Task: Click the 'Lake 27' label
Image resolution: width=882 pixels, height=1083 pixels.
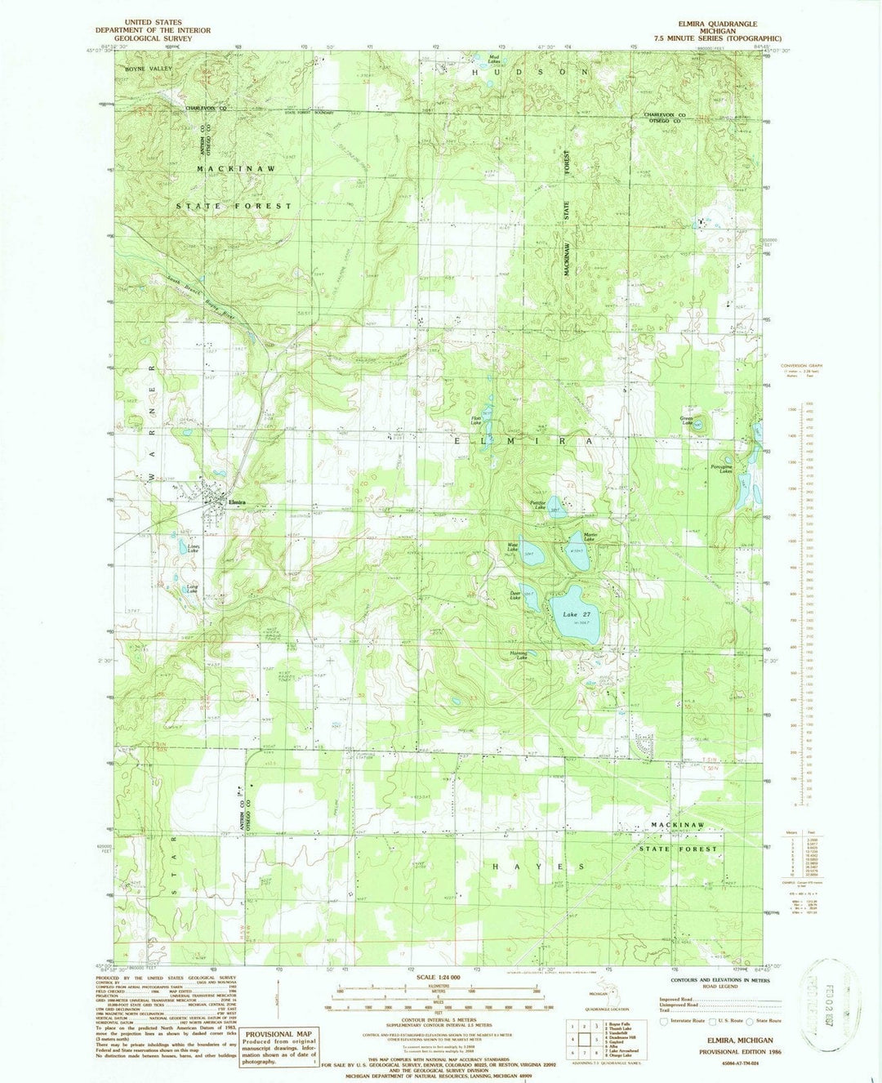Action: [x=577, y=613]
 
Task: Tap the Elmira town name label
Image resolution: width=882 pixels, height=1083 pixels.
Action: [x=238, y=502]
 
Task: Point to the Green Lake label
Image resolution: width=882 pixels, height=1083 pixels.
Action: [x=688, y=421]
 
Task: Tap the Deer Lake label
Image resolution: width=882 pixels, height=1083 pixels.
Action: [x=515, y=597]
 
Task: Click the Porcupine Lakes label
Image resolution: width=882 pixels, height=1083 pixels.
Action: [x=720, y=468]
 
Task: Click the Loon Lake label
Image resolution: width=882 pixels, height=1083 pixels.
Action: [x=194, y=548]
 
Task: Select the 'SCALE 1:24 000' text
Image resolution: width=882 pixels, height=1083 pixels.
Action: [x=439, y=978]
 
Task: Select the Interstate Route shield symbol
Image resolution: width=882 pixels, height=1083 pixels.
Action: [x=664, y=1021]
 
